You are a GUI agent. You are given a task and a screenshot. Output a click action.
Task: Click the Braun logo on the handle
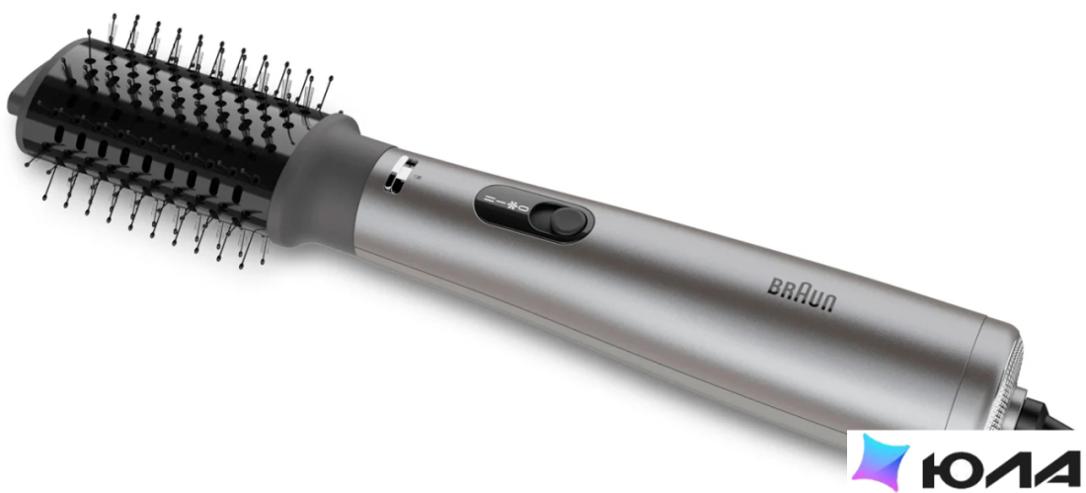coord(803,295)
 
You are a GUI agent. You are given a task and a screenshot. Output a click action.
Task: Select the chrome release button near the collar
coord(398,174)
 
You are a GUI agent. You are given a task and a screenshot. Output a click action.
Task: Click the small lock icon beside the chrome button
coord(418,178)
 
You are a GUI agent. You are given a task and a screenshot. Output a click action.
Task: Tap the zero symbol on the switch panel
coord(524,208)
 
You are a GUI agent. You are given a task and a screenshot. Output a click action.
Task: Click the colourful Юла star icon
coord(881,461)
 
